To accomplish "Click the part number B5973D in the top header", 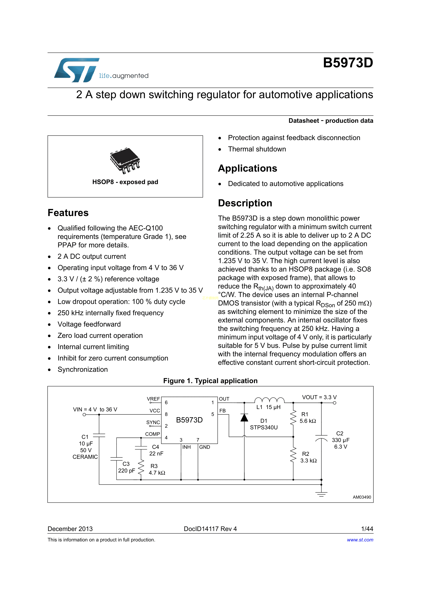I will click(348, 63).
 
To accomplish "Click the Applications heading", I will click(248, 168).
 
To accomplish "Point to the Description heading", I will click(245, 203).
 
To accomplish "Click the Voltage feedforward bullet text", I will click(89, 324).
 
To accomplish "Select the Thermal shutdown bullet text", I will click(257, 149).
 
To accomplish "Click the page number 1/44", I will click(367, 529).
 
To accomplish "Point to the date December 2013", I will click(70, 529).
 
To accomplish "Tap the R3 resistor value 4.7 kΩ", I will click(157, 473).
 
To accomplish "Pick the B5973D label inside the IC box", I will click(189, 420).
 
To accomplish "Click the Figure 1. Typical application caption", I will click(210, 381).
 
